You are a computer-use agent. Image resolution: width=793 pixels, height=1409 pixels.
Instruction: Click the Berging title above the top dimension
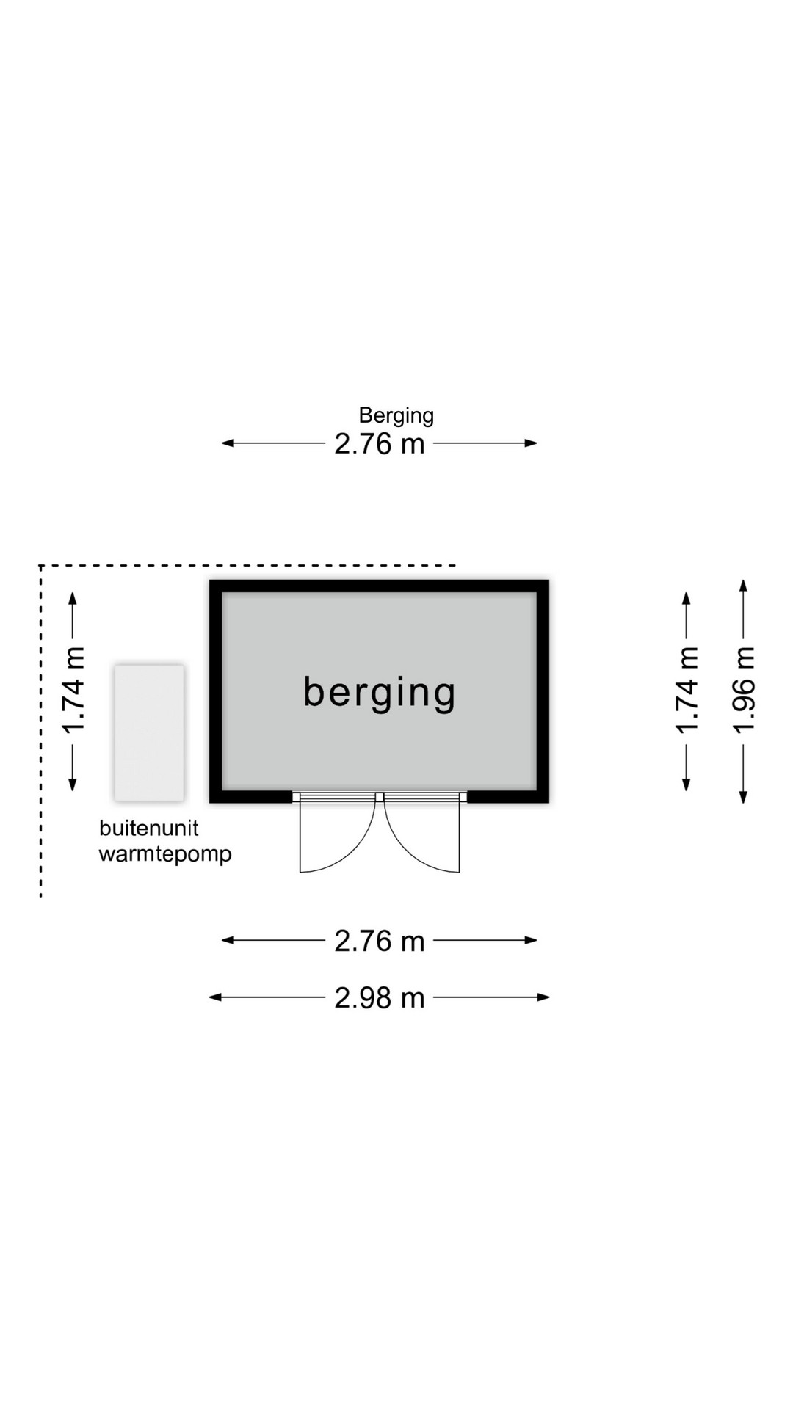(x=396, y=416)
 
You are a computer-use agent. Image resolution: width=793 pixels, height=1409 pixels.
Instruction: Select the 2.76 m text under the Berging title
(x=380, y=444)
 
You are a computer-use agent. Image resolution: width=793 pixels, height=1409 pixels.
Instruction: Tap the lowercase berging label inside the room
(x=380, y=693)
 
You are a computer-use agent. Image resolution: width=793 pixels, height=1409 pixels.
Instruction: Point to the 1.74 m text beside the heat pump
(x=73, y=691)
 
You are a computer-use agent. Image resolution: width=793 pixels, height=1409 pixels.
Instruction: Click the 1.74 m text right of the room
(x=687, y=691)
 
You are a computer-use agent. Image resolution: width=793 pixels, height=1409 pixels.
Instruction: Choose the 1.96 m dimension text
(x=744, y=691)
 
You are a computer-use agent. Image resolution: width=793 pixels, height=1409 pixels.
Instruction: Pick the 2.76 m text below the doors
(x=380, y=941)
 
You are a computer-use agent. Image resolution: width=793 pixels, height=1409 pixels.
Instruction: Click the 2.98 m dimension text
(x=380, y=998)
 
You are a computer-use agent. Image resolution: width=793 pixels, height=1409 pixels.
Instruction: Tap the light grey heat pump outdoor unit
(x=149, y=732)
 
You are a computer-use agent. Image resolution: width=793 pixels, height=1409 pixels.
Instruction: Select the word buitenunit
(x=149, y=828)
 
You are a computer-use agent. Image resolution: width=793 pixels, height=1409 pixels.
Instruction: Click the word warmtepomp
(x=165, y=855)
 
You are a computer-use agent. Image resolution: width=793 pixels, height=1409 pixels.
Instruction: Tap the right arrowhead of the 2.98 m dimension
(x=544, y=997)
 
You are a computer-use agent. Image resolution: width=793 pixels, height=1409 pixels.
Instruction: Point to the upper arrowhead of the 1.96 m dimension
(x=744, y=586)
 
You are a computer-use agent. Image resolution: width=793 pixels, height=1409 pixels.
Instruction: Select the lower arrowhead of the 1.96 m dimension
(x=744, y=797)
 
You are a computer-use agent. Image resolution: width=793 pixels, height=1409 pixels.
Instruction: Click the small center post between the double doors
(x=380, y=797)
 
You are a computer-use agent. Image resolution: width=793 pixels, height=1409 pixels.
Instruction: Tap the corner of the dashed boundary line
(x=41, y=566)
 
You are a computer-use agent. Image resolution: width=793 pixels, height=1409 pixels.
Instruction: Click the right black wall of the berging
(x=543, y=691)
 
